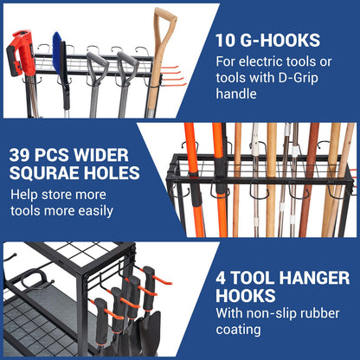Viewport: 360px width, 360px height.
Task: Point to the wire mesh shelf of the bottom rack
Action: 87,260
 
